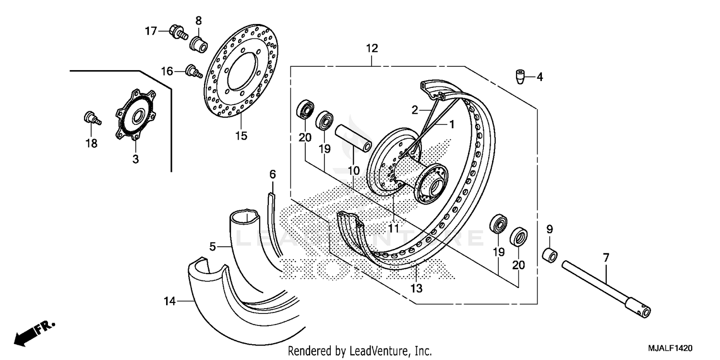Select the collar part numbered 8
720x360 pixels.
coord(199,44)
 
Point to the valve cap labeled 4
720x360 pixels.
coord(520,76)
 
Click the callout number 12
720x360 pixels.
coord(372,48)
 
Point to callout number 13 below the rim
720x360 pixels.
coord(417,288)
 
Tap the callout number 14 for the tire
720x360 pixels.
coord(169,301)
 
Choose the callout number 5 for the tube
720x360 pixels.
coord(213,247)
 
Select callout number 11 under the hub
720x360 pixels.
coord(394,228)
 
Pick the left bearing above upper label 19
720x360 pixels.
coord(325,120)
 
